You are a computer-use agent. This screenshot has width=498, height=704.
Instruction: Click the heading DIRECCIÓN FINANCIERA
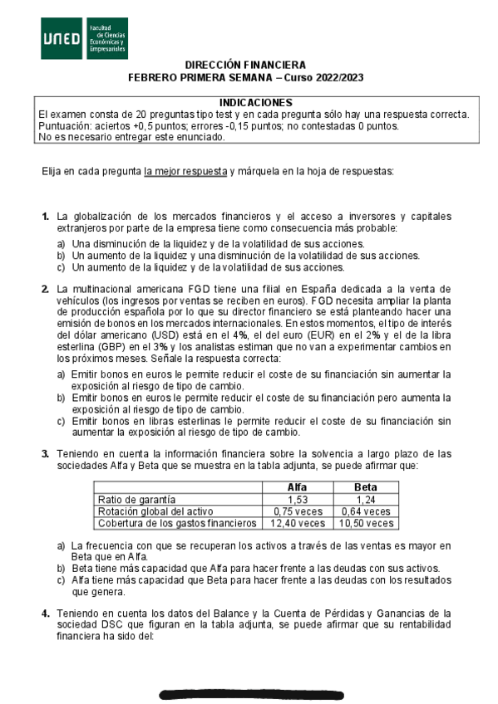point(245,65)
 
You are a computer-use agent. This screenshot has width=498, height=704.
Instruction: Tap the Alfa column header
point(297,487)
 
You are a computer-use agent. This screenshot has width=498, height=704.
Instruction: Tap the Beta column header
point(365,487)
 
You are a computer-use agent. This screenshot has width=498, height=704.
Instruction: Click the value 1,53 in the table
point(297,500)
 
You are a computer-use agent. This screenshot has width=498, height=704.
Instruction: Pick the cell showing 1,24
point(365,500)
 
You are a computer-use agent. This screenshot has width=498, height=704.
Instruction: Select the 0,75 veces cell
point(297,511)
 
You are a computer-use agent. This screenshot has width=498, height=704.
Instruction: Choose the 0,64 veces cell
point(365,511)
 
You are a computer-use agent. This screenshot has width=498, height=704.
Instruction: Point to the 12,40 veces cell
point(297,524)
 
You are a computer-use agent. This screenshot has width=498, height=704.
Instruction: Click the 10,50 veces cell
point(365,524)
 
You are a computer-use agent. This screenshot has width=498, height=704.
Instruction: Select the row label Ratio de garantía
point(136,500)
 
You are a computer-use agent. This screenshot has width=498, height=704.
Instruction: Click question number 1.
point(46,217)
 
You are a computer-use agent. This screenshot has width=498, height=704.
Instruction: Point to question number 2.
point(46,289)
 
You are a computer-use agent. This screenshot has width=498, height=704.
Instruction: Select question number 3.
point(46,454)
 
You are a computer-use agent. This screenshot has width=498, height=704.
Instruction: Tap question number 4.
point(46,613)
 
